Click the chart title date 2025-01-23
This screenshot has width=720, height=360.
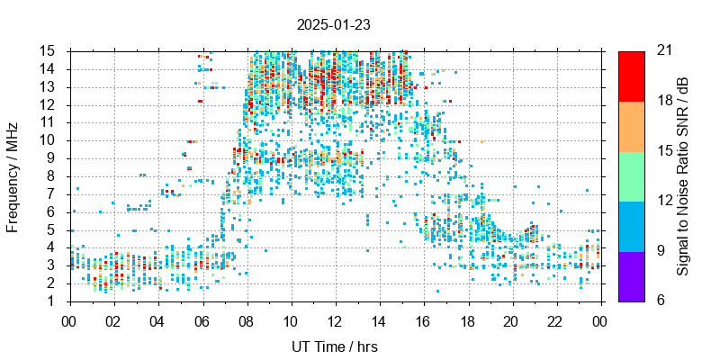coord(334,25)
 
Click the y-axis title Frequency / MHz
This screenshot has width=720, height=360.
coord(13,175)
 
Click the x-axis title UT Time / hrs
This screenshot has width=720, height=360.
coord(334,346)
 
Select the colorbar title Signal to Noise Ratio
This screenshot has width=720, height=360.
coord(683,175)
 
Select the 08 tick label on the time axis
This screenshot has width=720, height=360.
coord(246,319)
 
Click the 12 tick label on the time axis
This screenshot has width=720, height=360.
coord(334,319)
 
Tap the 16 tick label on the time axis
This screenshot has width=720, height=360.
coord(422,319)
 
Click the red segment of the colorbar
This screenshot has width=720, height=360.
coord(631,76)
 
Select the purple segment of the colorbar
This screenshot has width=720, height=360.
coord(631,275)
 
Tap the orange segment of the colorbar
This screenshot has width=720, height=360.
coord(631,126)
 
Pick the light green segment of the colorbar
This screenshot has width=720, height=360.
coord(631,175)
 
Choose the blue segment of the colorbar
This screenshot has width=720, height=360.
coord(631,226)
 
